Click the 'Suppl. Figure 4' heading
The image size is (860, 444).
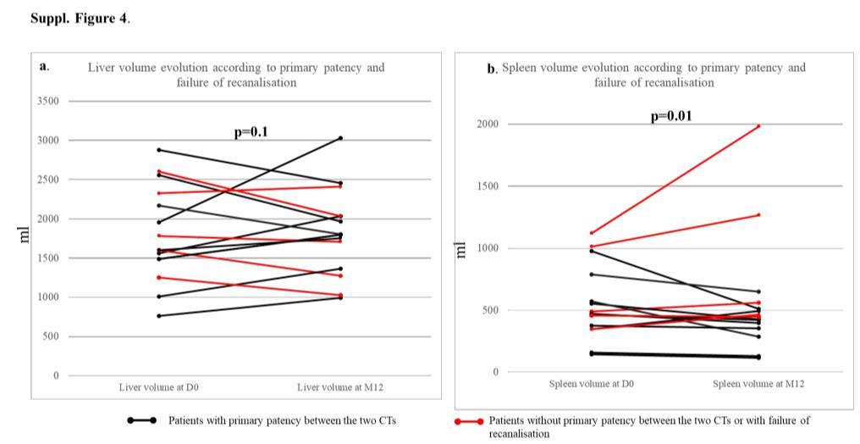coord(80,19)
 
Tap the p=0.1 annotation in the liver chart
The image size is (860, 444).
coord(251,131)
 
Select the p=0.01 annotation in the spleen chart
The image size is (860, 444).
coord(671,116)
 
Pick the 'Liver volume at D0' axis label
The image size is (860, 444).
coord(158,387)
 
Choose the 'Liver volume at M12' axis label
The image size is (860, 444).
coord(339,387)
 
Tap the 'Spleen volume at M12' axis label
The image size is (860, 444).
coord(758,384)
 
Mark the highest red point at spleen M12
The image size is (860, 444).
coord(758,126)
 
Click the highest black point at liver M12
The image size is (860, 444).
coord(340,138)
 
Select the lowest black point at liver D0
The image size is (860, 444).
coord(158,316)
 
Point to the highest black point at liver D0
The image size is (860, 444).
coord(158,150)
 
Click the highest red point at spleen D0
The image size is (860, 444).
coord(591,233)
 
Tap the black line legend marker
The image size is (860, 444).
coord(141,420)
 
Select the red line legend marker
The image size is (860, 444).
coord(469,420)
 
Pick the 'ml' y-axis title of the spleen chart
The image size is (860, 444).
coord(462,251)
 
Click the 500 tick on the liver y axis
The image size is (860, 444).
coord(50,336)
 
